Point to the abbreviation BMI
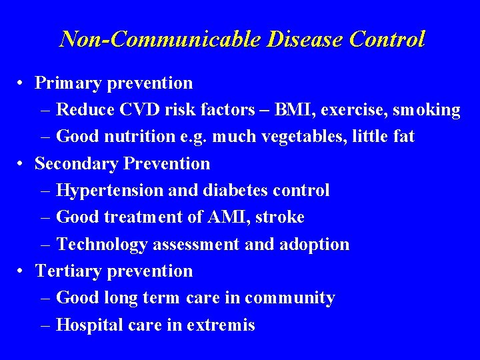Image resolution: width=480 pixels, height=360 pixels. tap(292, 110)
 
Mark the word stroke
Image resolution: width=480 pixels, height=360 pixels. tap(281, 217)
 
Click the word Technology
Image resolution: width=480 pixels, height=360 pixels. tap(102, 245)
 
